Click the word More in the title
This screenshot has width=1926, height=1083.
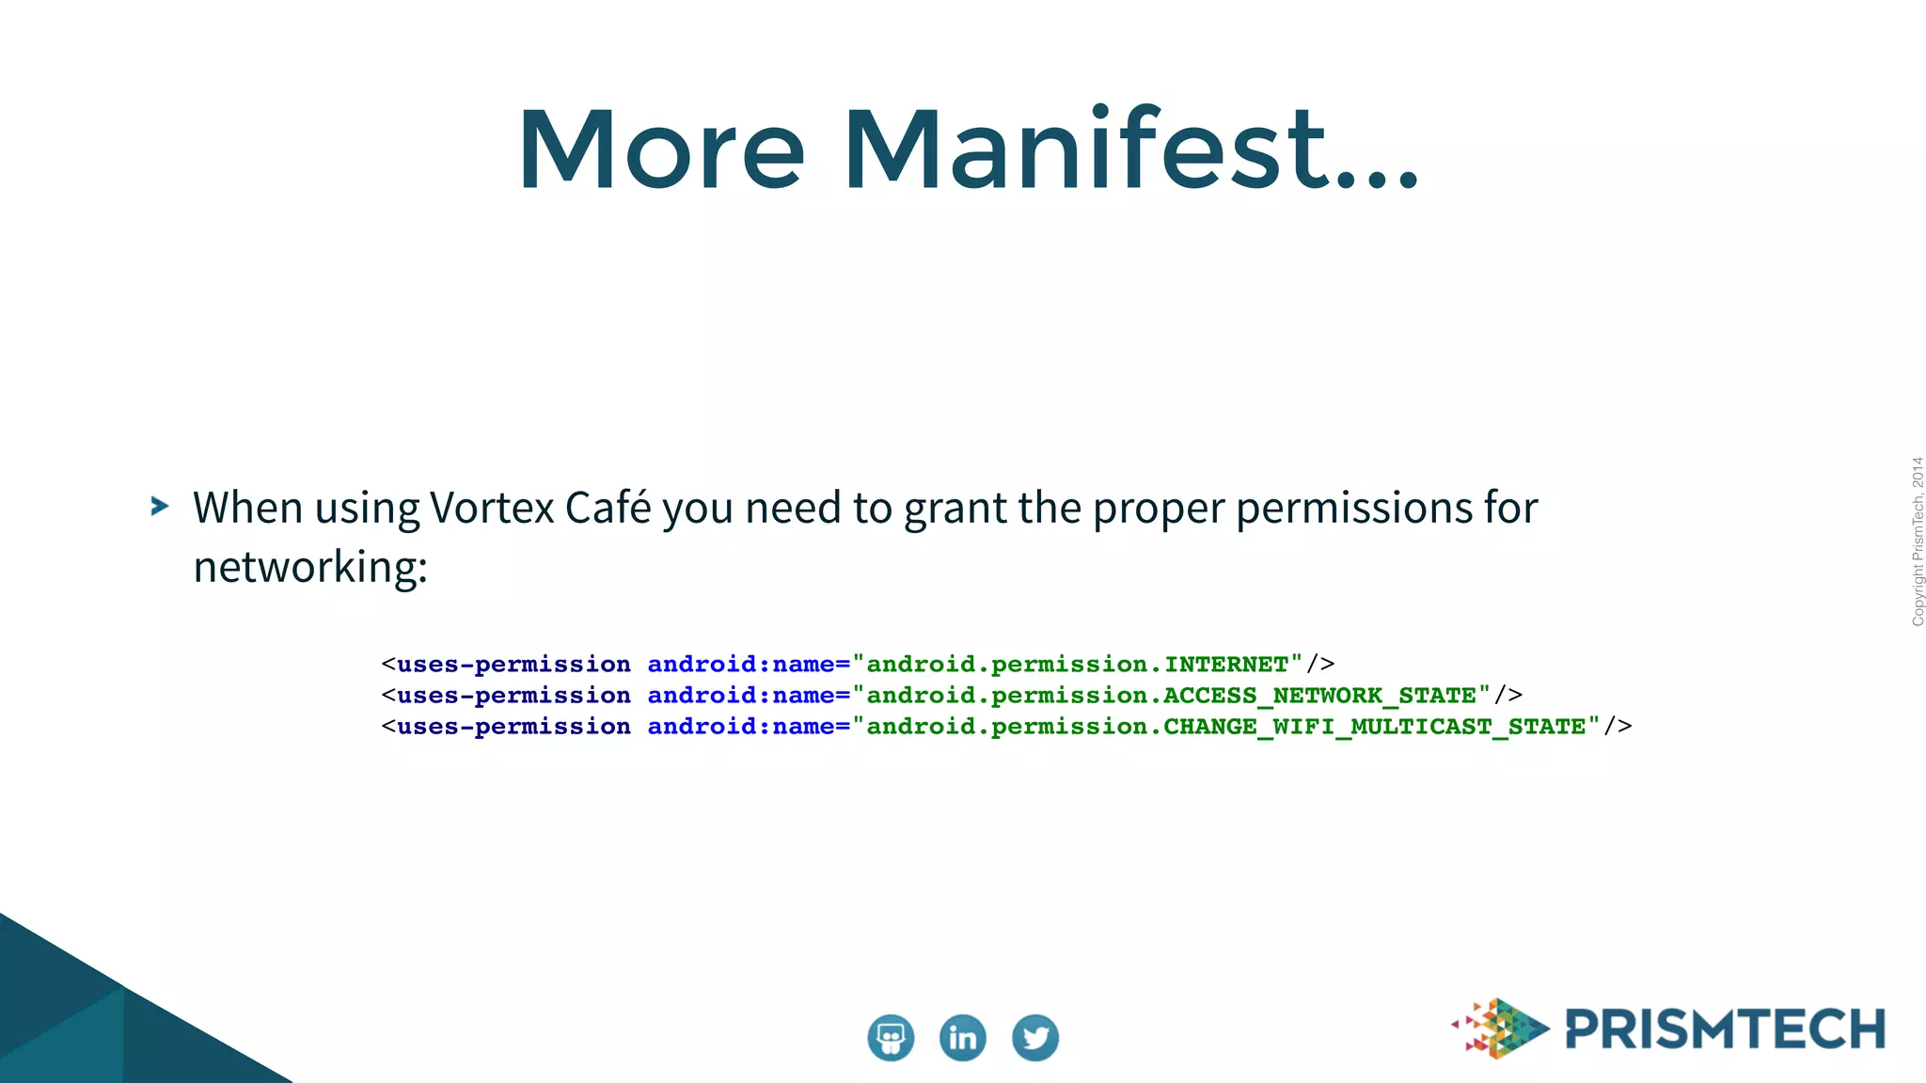click(661, 150)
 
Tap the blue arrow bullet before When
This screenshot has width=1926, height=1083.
click(160, 507)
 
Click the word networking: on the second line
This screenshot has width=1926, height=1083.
click(310, 568)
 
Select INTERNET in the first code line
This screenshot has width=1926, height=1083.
click(1226, 665)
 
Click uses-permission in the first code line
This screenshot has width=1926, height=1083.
click(513, 665)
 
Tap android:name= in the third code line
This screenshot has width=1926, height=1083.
click(748, 727)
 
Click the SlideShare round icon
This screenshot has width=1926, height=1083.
click(890, 1038)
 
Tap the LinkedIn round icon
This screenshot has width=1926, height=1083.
click(962, 1038)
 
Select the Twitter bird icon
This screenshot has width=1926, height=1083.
click(1034, 1038)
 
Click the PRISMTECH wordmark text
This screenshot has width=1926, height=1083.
click(1725, 1029)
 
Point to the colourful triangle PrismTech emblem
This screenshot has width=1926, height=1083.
click(1502, 1028)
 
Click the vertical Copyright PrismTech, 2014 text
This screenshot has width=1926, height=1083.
click(1917, 541)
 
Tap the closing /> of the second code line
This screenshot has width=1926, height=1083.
click(1508, 696)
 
